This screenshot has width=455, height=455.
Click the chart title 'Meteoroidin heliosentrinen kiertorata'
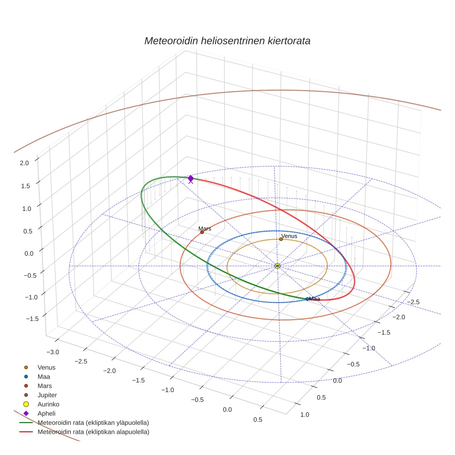pyautogui.click(x=227, y=41)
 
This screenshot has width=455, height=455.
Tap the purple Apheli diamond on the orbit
pyautogui.click(x=191, y=178)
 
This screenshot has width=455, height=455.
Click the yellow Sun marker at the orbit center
pyautogui.click(x=277, y=266)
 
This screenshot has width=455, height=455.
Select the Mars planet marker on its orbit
pyautogui.click(x=202, y=232)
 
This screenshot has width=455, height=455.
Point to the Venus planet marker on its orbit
pyautogui.click(x=281, y=239)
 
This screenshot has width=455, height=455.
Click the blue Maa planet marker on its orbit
pyautogui.click(x=307, y=299)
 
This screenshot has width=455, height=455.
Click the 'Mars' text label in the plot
pyautogui.click(x=205, y=228)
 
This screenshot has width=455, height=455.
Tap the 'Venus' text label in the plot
pyautogui.click(x=289, y=236)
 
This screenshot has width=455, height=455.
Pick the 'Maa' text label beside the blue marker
pyautogui.click(x=314, y=299)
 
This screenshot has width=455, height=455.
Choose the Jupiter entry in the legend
pyautogui.click(x=47, y=395)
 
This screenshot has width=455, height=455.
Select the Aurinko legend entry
pyautogui.click(x=48, y=404)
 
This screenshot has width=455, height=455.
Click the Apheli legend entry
pyautogui.click(x=46, y=413)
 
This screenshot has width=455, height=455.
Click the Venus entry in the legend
pyautogui.click(x=46, y=367)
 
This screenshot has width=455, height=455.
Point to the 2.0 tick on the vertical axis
pyautogui.click(x=24, y=163)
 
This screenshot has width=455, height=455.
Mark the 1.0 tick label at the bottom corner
pyautogui.click(x=305, y=414)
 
